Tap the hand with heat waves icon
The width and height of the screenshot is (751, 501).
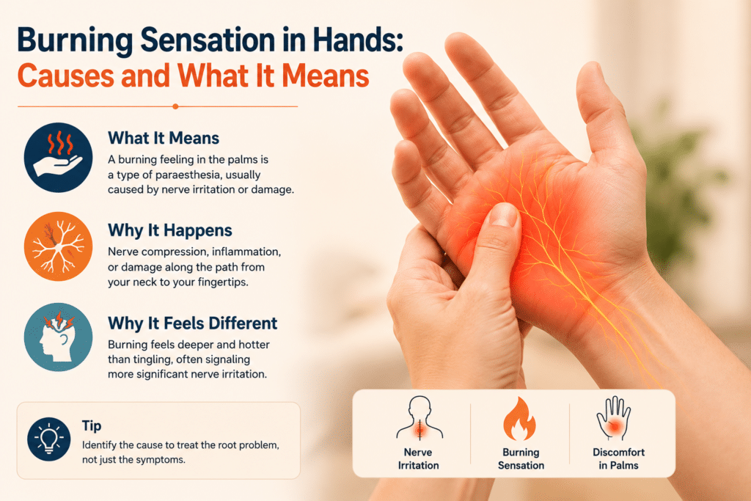coord(59,158)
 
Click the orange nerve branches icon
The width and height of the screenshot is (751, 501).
coord(59,246)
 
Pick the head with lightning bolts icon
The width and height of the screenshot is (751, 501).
coord(59,337)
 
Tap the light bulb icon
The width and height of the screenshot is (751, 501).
coord(49,439)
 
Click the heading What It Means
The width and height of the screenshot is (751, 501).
coord(164,139)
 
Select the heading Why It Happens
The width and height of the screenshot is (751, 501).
coord(170,230)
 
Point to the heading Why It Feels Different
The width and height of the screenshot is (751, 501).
coord(193,323)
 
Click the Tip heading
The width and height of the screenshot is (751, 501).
coord(92,425)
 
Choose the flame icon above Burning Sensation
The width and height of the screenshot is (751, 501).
coord(519,419)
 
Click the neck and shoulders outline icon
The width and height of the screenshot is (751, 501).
coord(419,417)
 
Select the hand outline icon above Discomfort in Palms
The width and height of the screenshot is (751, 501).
coord(614,418)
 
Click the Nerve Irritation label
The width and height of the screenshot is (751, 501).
coord(418,459)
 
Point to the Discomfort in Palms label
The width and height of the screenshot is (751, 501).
coord(618,459)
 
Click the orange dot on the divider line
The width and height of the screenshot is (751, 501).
coord(175,106)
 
